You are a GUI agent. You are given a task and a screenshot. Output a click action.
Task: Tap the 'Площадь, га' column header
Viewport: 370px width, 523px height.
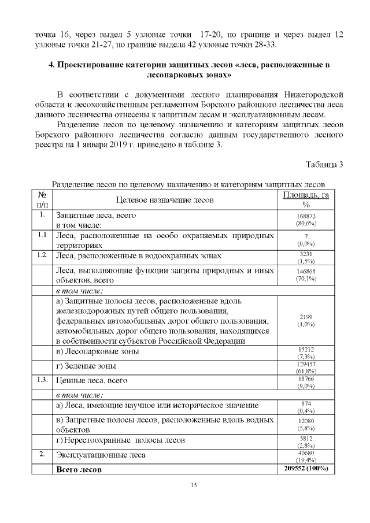(x=306, y=195)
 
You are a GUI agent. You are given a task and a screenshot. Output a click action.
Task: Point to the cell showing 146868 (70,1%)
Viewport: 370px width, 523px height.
(x=305, y=274)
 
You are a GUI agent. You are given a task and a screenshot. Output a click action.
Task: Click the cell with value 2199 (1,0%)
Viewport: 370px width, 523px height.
(x=305, y=321)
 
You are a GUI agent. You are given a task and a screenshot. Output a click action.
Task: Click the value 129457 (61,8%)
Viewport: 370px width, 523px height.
(x=305, y=367)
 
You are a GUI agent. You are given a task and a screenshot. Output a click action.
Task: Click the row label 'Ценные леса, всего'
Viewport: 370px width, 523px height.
(x=91, y=381)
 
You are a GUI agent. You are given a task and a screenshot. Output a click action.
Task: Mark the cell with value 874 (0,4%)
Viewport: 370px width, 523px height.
(x=305, y=407)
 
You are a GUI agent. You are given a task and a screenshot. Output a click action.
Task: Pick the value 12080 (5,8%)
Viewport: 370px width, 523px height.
(x=305, y=425)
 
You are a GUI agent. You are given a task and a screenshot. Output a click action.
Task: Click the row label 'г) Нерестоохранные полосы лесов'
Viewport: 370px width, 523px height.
(x=120, y=440)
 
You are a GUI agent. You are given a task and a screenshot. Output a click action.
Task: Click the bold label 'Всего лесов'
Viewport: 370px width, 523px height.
(x=79, y=469)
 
